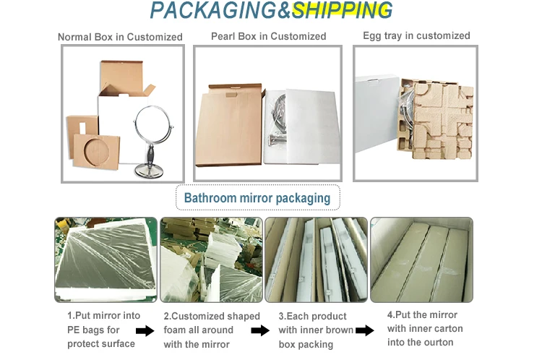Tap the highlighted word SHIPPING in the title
pyautogui.click(x=343, y=11)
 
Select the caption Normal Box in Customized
pyautogui.click(x=120, y=37)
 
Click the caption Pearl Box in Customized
pyautogui.click(x=268, y=36)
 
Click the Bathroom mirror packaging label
pyautogui.click(x=257, y=197)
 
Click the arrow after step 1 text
pyautogui.click(x=145, y=330)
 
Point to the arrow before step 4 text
pyautogui.click(x=365, y=330)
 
